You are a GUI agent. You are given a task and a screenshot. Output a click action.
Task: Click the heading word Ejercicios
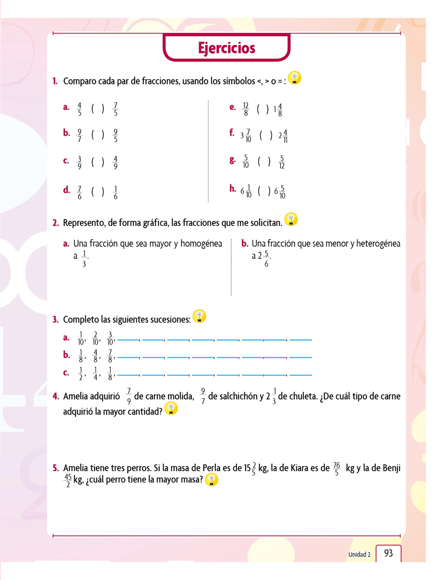pos(226,48)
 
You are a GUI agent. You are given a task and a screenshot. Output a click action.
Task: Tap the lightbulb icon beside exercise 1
pos(294,78)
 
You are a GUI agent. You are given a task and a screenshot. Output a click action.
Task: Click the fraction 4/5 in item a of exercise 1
pos(79,109)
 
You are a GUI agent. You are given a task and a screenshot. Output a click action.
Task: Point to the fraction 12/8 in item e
pos(246,109)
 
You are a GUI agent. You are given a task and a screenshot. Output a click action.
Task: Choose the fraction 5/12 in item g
pos(282,162)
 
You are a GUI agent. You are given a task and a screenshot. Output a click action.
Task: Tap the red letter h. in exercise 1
pos(233,188)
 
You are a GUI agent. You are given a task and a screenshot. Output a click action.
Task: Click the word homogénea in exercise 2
pos(201,243)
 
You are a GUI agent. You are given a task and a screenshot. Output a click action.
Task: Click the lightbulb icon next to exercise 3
pos(199,316)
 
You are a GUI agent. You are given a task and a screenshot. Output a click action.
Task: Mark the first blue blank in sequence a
pos(128,339)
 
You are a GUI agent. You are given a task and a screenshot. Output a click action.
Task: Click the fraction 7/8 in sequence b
pos(110,356)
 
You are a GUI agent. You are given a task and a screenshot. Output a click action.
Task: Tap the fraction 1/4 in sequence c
pos(95,374)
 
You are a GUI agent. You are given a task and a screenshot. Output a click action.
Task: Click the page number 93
pos(388,553)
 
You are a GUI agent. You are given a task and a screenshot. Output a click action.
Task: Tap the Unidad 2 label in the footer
pos(359,554)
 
